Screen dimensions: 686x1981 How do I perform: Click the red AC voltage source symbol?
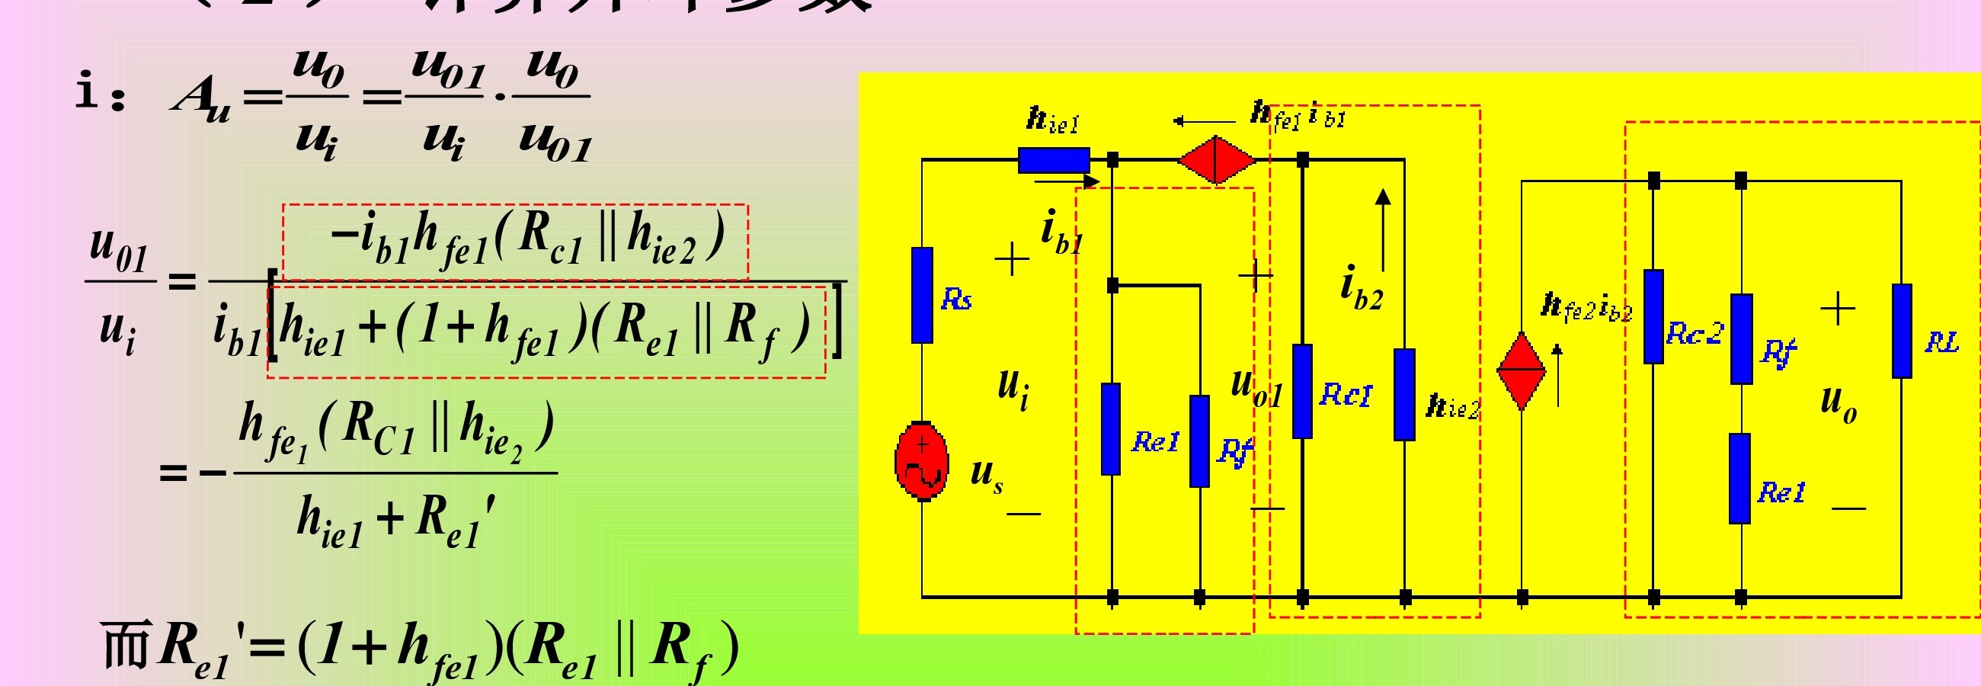[921, 460]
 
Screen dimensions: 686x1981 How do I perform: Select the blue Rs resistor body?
[922, 294]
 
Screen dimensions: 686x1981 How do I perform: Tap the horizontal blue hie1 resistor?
[1054, 160]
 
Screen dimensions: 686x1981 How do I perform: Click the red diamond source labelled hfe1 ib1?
[1216, 160]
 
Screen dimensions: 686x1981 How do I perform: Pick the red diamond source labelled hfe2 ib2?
[1521, 370]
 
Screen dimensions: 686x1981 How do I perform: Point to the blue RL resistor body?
[1902, 331]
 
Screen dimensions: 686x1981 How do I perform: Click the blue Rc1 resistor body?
[1302, 391]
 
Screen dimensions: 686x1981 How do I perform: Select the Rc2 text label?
[1695, 334]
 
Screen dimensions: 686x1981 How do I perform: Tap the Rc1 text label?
[1345, 395]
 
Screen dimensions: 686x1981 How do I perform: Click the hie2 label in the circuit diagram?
[1453, 406]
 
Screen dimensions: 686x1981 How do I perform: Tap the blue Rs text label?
[957, 299]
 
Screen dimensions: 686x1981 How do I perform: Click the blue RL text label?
[1942, 342]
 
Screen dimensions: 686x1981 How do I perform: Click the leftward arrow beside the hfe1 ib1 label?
[1204, 121]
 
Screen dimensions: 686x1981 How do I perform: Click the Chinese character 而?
[125, 645]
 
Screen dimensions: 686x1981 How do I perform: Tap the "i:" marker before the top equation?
[100, 92]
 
